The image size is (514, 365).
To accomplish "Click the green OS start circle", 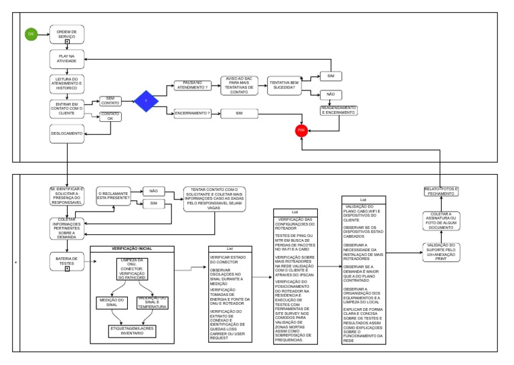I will tap(31, 34).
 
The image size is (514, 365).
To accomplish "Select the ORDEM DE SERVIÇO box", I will tap(67, 34).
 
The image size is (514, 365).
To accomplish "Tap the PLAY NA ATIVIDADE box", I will tap(67, 58).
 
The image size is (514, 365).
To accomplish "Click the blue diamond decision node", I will tap(146, 101).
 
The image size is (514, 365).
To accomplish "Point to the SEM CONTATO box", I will tap(110, 100).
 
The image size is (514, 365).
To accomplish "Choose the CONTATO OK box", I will tap(110, 117).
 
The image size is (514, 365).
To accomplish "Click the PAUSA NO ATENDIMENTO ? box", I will tap(191, 85).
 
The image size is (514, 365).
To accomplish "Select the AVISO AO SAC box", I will tap(239, 85).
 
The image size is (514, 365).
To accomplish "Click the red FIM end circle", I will tap(301, 129).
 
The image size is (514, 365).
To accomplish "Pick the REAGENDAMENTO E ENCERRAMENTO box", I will tap(339, 111).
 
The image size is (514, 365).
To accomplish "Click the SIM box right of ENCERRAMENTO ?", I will tap(239, 114).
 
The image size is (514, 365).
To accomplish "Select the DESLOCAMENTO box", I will tap(67, 133).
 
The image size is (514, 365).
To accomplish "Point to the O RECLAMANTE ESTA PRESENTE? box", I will tap(114, 196).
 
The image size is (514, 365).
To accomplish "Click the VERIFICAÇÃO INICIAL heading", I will tap(131, 249).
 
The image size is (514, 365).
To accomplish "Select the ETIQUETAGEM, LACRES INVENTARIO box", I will tap(132, 331).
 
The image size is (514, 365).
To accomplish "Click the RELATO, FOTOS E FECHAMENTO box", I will tap(441, 192).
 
